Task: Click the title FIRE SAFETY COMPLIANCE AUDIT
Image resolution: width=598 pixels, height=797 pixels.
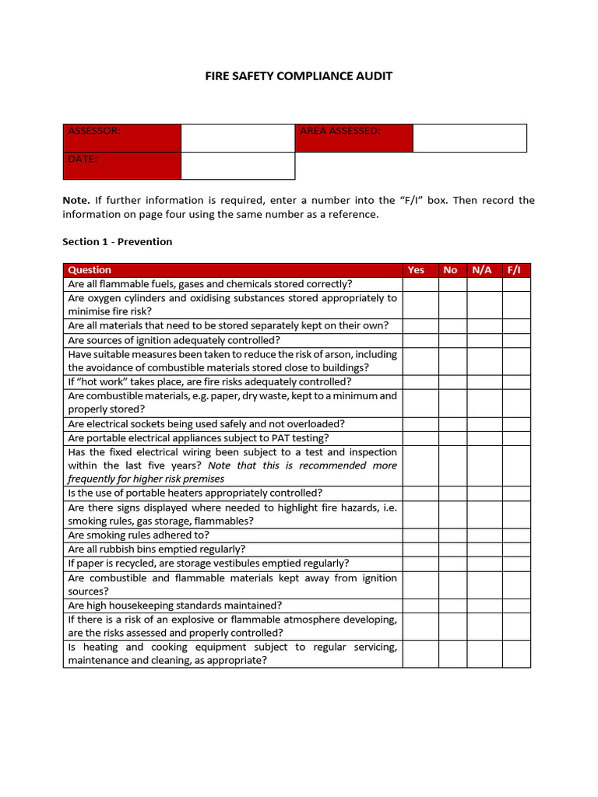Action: [x=299, y=76]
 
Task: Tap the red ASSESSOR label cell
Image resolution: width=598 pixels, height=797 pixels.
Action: [x=122, y=138]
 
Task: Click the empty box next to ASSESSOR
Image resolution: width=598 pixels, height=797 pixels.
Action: [x=237, y=138]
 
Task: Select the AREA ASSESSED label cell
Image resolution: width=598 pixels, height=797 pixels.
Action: [x=354, y=138]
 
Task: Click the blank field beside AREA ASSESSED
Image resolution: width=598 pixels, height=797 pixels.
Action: [x=470, y=138]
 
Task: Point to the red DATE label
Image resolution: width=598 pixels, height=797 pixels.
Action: [x=122, y=166]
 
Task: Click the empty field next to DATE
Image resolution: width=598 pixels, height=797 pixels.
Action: [x=237, y=166]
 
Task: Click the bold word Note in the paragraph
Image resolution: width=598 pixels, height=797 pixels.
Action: [x=76, y=201]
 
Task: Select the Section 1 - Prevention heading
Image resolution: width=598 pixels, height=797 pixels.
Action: [x=117, y=242]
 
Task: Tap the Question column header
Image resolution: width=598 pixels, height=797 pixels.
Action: [x=90, y=270]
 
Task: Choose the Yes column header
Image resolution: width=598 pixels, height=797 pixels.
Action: [x=417, y=270]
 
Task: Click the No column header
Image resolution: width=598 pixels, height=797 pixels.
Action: [x=450, y=270]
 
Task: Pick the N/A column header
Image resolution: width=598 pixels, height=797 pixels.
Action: [x=482, y=270]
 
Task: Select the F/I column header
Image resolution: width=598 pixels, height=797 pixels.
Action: [x=514, y=270]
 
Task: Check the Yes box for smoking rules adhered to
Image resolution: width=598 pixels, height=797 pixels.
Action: [x=420, y=535]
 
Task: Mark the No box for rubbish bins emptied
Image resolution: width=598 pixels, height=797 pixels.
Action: [x=452, y=549]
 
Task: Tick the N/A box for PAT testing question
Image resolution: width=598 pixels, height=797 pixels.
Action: [x=484, y=438]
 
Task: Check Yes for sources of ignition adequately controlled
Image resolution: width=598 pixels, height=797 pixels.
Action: [x=420, y=340]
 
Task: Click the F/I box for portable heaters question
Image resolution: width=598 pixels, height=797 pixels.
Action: [x=516, y=493]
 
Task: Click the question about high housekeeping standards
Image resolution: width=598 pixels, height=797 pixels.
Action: [x=175, y=606]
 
